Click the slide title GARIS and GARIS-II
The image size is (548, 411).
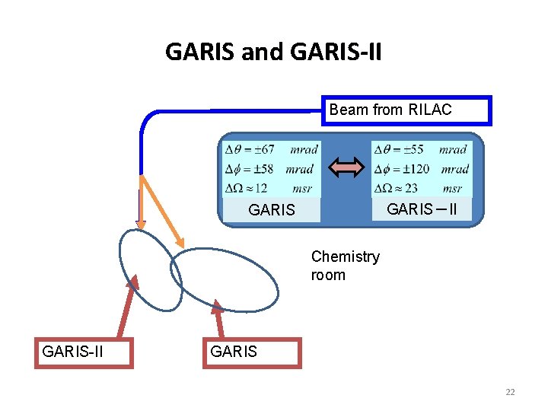pos(274,52)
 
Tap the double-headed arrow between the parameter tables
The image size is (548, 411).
pos(346,167)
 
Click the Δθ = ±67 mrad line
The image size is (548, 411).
pos(270,149)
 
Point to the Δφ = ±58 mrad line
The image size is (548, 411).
pos(270,168)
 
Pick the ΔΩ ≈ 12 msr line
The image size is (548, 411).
pos(270,188)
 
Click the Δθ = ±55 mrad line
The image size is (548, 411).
pos(421,149)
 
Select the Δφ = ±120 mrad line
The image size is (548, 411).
pos(421,168)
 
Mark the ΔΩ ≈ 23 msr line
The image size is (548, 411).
pos(421,188)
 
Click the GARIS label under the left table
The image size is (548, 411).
pos(271,210)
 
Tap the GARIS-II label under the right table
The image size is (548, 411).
pos(421,209)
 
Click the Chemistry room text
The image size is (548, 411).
pos(345,266)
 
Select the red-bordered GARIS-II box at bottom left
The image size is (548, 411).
pos(84,352)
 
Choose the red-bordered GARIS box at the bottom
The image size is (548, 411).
pos(252,352)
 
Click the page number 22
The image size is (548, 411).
pos(510,392)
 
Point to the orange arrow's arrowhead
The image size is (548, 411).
pos(180,241)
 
